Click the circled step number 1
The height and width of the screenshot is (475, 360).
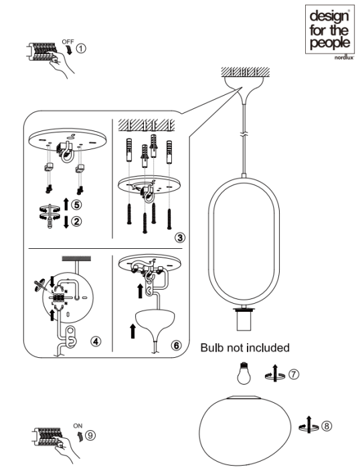pyautogui.click(x=80, y=48)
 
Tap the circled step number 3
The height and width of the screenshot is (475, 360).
pyautogui.click(x=180, y=237)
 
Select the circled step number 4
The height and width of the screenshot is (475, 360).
pyautogui.click(x=96, y=341)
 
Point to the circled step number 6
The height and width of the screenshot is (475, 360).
pyautogui.click(x=177, y=345)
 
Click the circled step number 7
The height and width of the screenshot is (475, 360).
pyautogui.click(x=294, y=375)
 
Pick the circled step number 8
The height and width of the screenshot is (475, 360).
pyautogui.click(x=327, y=426)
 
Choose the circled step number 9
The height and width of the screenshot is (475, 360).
pyautogui.click(x=90, y=436)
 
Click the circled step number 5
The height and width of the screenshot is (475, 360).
pyautogui.click(x=76, y=205)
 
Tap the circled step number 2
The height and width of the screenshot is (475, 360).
pyautogui.click(x=76, y=221)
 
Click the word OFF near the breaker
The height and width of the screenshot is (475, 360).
pyautogui.click(x=68, y=41)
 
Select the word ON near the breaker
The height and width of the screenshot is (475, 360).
pyautogui.click(x=78, y=425)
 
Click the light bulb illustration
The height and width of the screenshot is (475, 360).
pyautogui.click(x=244, y=373)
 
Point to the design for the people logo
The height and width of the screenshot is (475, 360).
pyautogui.click(x=330, y=29)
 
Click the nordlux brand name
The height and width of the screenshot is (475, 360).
pyautogui.click(x=344, y=58)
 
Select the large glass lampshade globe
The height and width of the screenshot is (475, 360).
pyautogui.click(x=245, y=430)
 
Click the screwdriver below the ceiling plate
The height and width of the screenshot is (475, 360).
pyautogui.click(x=50, y=215)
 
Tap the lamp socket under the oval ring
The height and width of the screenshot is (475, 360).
pyautogui.click(x=244, y=319)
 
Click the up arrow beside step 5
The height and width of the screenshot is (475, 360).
pyautogui.click(x=66, y=204)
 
